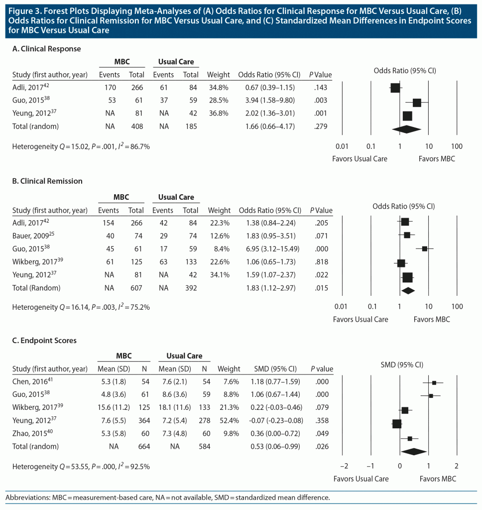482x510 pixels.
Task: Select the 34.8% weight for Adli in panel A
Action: (x=218, y=88)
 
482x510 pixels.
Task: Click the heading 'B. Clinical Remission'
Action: (x=47, y=181)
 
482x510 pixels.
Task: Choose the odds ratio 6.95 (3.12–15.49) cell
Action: (x=269, y=249)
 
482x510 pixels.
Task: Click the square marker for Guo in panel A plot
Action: (x=417, y=103)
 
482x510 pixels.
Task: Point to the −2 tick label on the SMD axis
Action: (x=344, y=466)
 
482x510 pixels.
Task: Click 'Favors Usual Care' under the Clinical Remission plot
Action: (x=361, y=319)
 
